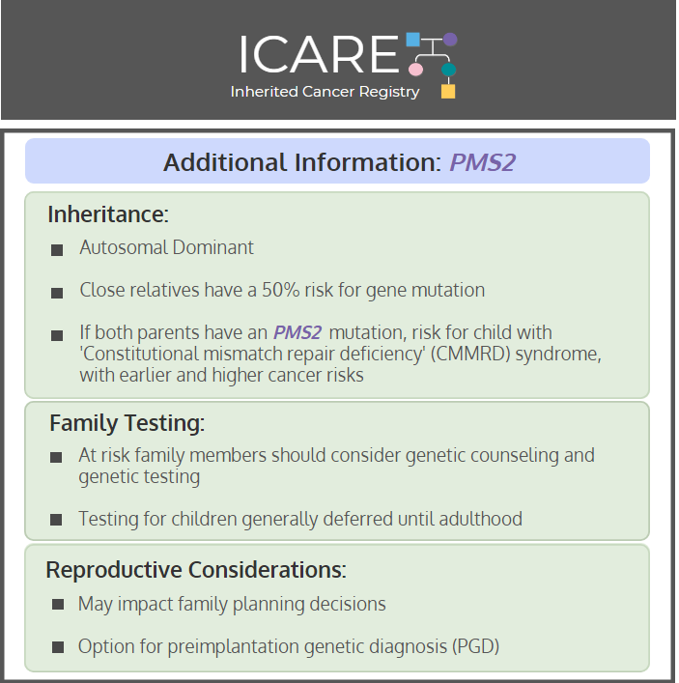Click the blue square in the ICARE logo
click(412, 40)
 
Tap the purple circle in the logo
click(450, 40)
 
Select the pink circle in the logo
click(415, 70)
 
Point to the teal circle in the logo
click(448, 70)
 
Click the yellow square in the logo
click(448, 92)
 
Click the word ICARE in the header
click(320, 54)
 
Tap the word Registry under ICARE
click(389, 93)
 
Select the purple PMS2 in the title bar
click(483, 162)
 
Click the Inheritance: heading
click(108, 213)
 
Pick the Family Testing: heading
click(127, 423)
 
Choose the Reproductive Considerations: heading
click(196, 569)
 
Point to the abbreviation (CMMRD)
click(470, 354)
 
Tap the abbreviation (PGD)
click(475, 646)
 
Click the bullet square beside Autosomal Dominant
click(57, 250)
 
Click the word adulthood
click(480, 519)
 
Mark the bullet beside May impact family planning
click(58, 604)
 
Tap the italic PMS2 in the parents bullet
click(297, 332)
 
